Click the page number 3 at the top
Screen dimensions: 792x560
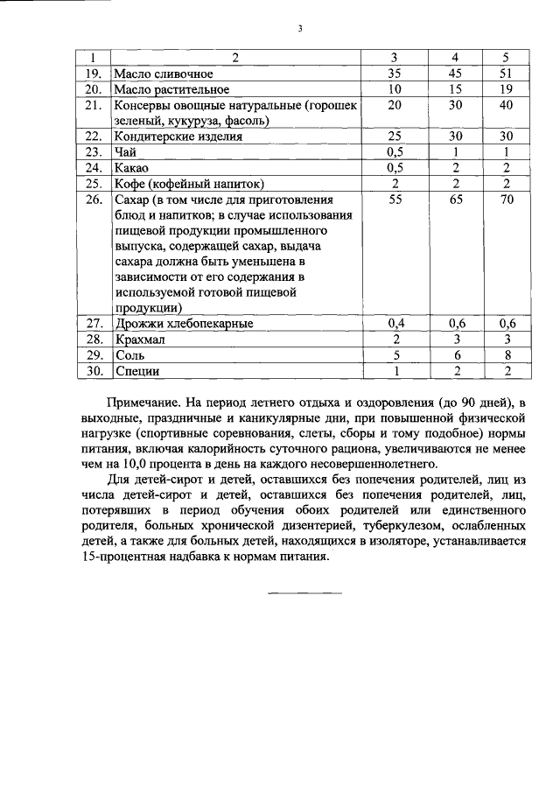click(299, 28)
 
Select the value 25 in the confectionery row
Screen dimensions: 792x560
click(394, 137)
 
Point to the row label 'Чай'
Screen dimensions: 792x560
click(125, 152)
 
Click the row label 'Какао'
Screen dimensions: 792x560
click(131, 168)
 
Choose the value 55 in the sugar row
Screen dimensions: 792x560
click(394, 200)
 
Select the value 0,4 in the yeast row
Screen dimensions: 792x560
click(394, 324)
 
